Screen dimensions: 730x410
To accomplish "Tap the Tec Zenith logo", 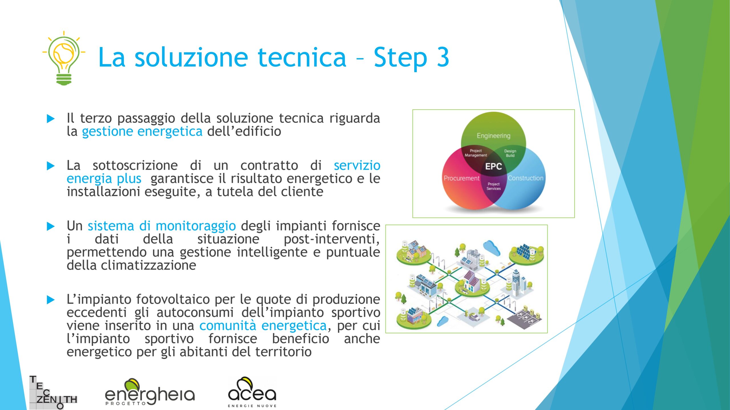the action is pyautogui.click(x=53, y=392).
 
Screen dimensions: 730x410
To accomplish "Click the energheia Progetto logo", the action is pyautogui.click(x=150, y=392).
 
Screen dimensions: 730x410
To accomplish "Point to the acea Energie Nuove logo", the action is pyautogui.click(x=252, y=392).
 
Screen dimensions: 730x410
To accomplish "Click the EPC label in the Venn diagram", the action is pyautogui.click(x=493, y=166).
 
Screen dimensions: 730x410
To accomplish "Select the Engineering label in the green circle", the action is pyautogui.click(x=493, y=136).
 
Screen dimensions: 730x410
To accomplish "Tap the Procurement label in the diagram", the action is pyautogui.click(x=461, y=178).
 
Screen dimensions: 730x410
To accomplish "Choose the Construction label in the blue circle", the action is pyautogui.click(x=526, y=178).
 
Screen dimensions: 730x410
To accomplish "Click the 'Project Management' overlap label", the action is pyautogui.click(x=476, y=153).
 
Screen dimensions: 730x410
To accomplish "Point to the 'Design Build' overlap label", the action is pyautogui.click(x=510, y=153).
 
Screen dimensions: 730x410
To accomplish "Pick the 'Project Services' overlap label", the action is pyautogui.click(x=493, y=186).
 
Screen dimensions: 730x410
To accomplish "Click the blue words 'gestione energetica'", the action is pyautogui.click(x=142, y=132).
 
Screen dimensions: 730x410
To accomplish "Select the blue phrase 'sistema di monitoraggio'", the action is pyautogui.click(x=162, y=226).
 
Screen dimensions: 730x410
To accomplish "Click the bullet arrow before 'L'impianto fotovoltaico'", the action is pyautogui.click(x=50, y=300).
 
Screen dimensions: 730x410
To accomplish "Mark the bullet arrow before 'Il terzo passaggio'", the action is pyautogui.click(x=50, y=118).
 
